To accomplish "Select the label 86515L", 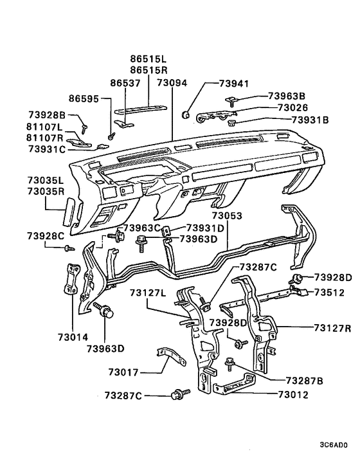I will coord(148,59).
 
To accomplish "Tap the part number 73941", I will coord(233,84).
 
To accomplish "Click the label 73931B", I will coord(310,120).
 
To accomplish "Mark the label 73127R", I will coord(332,327).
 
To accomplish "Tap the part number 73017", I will coord(125,372).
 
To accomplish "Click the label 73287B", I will coord(304,381).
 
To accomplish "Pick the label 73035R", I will coord(46,192).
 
